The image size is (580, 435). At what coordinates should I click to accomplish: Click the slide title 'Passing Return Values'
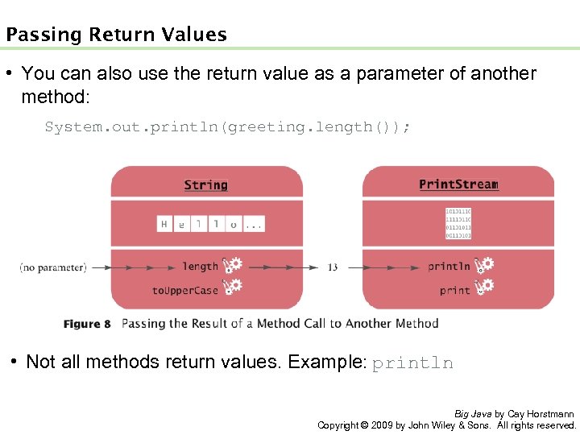116,35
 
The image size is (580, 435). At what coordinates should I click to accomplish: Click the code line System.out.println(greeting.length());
227,126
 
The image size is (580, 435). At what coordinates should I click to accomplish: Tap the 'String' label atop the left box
205,185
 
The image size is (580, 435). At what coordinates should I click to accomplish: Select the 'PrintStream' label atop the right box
458,184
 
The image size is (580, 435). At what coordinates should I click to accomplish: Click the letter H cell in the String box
164,224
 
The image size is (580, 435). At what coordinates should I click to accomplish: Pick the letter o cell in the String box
234,224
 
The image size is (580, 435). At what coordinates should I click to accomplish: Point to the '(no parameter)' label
53,267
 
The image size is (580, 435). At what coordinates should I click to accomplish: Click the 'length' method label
200,267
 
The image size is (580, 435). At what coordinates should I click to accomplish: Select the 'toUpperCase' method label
185,290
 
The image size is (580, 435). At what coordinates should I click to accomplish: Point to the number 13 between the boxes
333,267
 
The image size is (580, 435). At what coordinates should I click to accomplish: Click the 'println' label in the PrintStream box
449,267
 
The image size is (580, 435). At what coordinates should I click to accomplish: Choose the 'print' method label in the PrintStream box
455,290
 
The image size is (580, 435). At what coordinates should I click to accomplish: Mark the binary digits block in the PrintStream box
458,224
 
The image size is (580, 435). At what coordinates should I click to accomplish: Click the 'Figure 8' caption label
87,324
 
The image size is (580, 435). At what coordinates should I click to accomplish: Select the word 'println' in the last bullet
412,363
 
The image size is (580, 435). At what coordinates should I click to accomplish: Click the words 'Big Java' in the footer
473,413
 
